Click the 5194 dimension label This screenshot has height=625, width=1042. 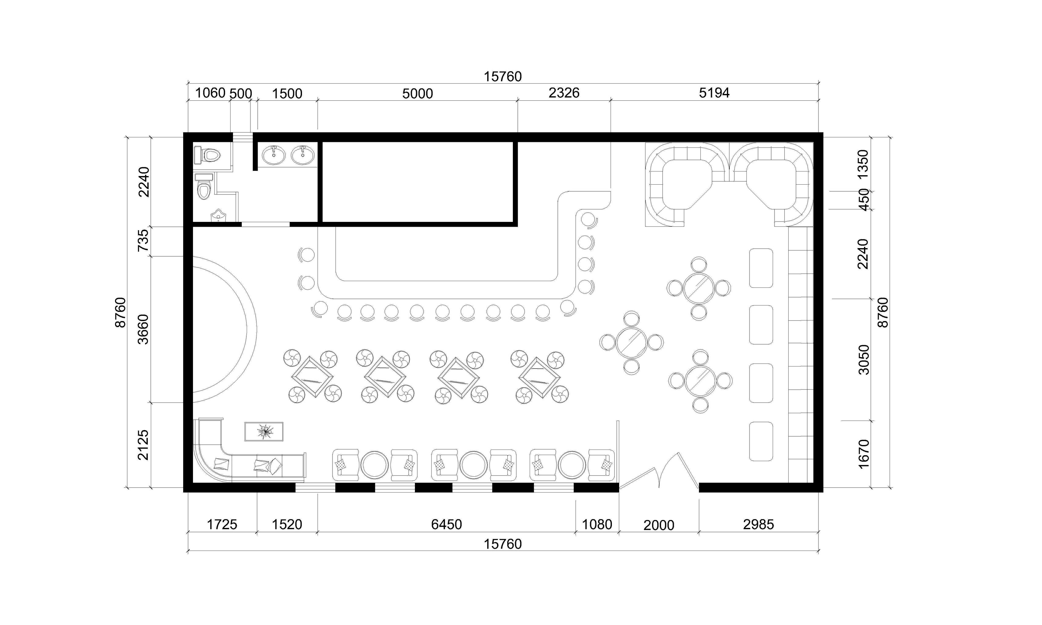point(714,93)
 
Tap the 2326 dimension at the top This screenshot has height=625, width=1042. point(564,93)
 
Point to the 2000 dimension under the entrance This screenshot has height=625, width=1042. point(659,525)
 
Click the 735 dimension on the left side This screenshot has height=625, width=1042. point(144,240)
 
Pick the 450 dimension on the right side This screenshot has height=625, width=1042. point(863,200)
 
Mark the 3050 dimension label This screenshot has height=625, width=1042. point(863,359)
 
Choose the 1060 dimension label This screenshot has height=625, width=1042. point(210,93)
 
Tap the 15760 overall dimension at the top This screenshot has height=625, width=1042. point(503,77)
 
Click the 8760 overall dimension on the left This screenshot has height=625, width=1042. point(121,312)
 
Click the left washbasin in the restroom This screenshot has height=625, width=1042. point(274,155)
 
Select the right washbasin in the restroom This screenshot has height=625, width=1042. point(302,155)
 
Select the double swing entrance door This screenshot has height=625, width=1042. point(659,471)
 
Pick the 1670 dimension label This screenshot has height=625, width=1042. point(863,453)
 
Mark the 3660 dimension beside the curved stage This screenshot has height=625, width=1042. point(144,329)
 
